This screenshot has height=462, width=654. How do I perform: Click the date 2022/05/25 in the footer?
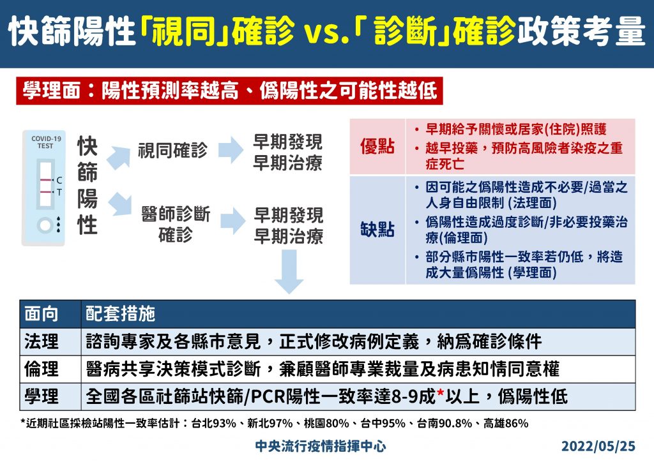coord(598,446)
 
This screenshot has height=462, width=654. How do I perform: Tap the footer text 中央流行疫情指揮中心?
coord(321,446)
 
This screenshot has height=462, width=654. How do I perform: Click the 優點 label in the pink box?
coord(377,146)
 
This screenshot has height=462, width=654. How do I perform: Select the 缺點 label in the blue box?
coord(377,230)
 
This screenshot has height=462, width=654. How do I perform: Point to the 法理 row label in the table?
coord(42,341)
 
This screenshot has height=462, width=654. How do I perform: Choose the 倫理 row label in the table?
coord(42,369)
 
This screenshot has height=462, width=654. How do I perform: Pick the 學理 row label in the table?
coord(42,396)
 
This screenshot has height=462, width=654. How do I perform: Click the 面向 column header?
coord(42,314)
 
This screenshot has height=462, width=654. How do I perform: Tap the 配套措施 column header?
coord(121,314)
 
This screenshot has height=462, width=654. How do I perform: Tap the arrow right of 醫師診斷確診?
coord(232,221)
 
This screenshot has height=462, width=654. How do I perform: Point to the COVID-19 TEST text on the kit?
coord(46,142)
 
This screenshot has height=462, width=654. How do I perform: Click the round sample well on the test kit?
coord(45,225)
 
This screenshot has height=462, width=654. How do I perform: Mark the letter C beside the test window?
coord(59,181)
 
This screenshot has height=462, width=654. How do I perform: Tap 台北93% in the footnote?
coord(213,424)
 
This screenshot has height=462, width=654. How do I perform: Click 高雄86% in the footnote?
coord(506,424)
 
